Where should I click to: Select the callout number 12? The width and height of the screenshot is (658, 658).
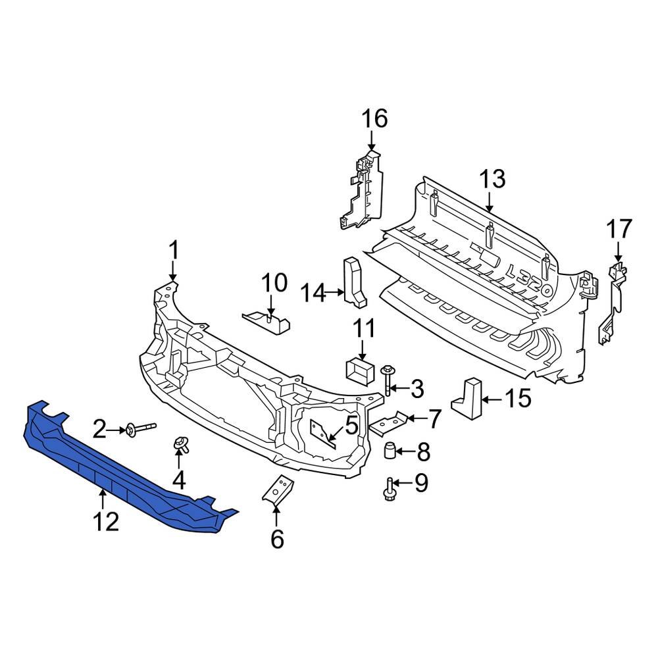coord(105,522)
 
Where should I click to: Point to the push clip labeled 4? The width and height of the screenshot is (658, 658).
coord(179,445)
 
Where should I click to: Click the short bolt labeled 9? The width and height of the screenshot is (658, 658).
coord(390,488)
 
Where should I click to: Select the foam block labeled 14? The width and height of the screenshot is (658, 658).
coord(353,281)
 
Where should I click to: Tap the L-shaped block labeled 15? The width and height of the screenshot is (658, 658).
coord(468,397)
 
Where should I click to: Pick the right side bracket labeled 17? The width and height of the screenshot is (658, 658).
coord(612,303)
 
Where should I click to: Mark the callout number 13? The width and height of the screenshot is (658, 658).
coord(492,178)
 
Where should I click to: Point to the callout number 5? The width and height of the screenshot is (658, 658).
coord(351,425)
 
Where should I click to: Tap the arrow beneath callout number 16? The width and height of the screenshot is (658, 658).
coord(372,141)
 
